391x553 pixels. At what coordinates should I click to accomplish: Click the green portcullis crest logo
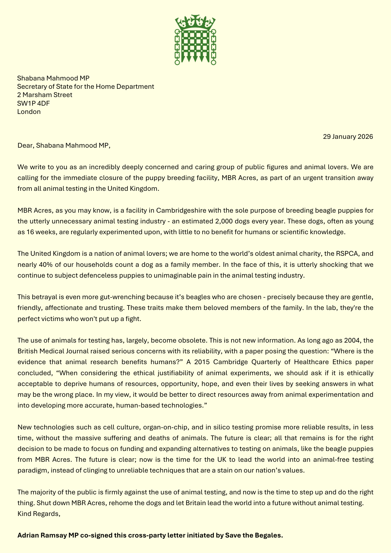pos(195,40)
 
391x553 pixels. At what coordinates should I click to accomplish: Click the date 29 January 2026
pos(348,137)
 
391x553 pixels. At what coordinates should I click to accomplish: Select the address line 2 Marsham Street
pos(45,95)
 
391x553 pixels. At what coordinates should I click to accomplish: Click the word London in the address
pos(29,112)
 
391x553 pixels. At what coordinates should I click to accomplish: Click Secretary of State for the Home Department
pos(86,87)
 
